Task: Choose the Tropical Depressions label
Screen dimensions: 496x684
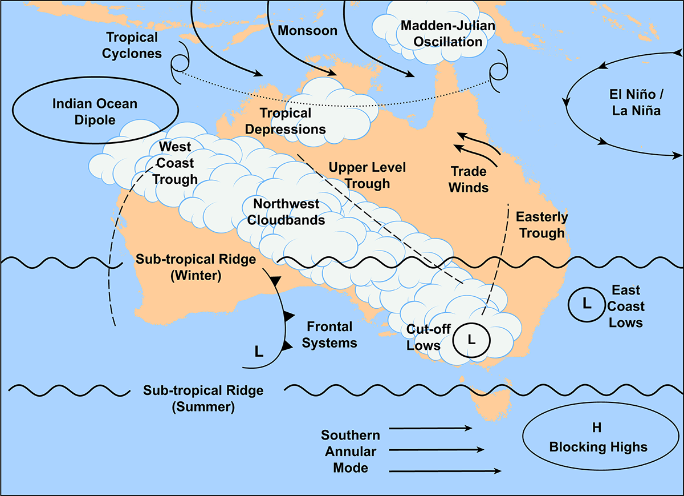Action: pos(286,121)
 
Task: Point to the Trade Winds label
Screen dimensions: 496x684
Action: pos(469,179)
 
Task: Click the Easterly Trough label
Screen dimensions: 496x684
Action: pos(541,225)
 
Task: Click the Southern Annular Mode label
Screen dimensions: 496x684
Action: pos(351,451)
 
